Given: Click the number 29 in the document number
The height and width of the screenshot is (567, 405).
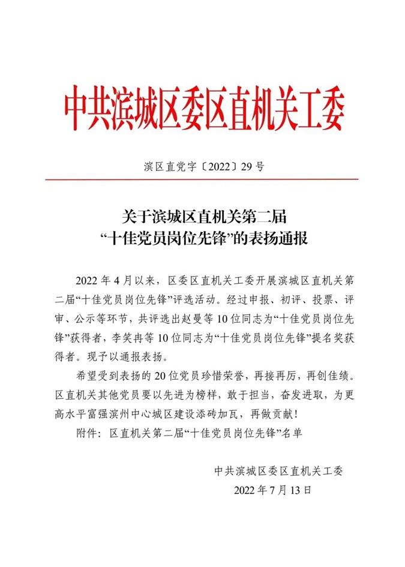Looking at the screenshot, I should click(x=244, y=167).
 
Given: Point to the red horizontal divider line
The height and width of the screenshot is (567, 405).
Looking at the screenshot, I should click(x=202, y=179).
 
